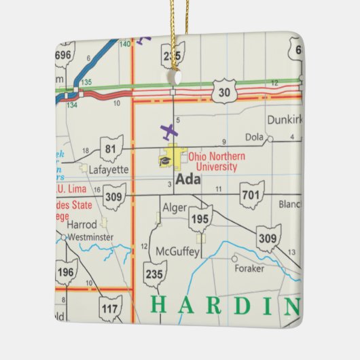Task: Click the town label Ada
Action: [x=187, y=180]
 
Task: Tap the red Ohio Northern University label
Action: [x=217, y=161]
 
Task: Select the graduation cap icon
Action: [x=165, y=160]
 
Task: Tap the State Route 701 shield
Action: [x=251, y=194]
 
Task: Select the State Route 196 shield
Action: [x=67, y=272]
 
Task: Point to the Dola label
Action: [x=253, y=136]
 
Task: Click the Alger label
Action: [x=175, y=208]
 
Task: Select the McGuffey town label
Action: [x=178, y=252]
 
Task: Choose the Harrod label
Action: [x=84, y=223]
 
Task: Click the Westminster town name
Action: [x=90, y=238]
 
